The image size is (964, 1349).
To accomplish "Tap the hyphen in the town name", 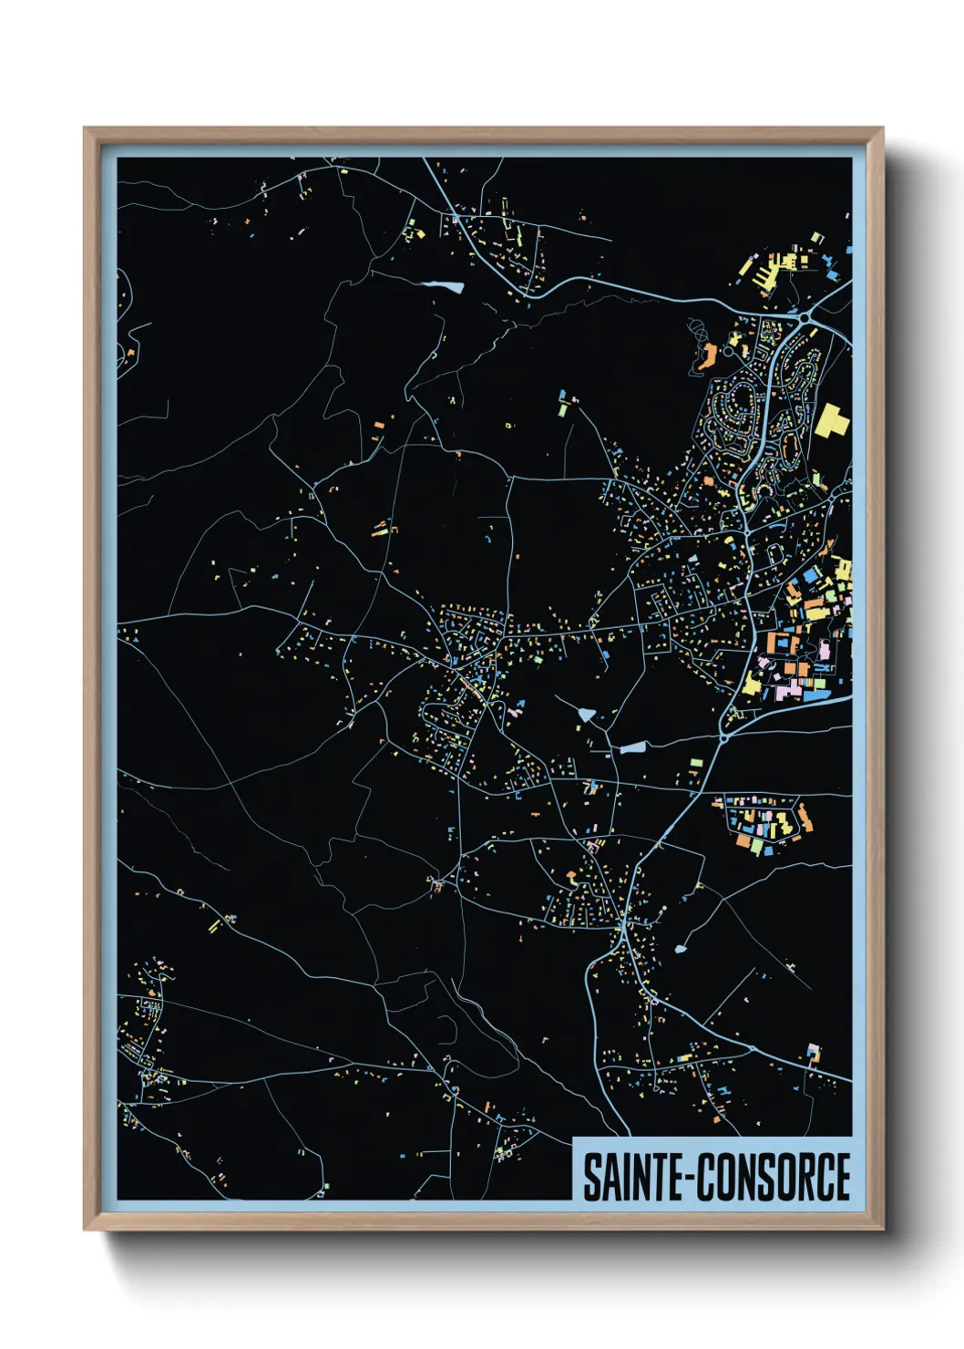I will click(x=692, y=1179).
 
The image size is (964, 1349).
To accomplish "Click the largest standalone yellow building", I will click(x=831, y=421).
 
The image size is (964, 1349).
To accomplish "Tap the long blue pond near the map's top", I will click(x=443, y=286).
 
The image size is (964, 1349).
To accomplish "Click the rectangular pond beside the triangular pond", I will click(x=632, y=748).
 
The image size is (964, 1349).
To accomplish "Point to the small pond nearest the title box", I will click(x=681, y=949).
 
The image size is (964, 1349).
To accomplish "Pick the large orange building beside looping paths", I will click(x=706, y=355).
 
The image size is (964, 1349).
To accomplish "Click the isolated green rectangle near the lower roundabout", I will click(x=696, y=761).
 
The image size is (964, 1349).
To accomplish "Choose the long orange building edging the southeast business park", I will click(x=805, y=818).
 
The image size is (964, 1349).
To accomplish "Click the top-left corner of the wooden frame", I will click(x=85, y=129).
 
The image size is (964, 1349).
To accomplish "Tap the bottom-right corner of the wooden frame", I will click(x=882, y=1229).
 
